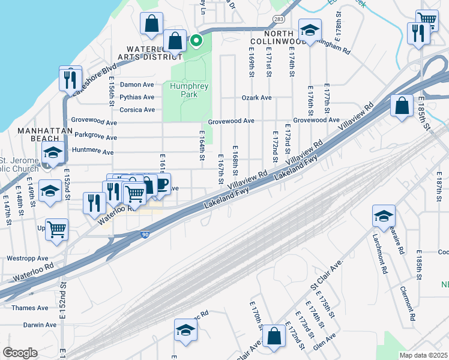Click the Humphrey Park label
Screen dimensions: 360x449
(188, 90)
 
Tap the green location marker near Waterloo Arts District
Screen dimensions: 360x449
(196, 41)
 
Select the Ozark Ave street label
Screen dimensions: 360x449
(256, 97)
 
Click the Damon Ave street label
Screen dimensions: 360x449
(137, 85)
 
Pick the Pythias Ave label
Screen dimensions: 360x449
(137, 97)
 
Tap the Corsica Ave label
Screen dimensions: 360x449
(137, 110)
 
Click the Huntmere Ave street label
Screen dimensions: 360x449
(92, 152)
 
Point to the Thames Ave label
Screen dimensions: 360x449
(29, 308)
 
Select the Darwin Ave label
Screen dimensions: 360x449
(40, 325)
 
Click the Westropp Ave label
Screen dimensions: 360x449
(27, 258)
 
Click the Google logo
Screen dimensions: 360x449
(20, 353)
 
